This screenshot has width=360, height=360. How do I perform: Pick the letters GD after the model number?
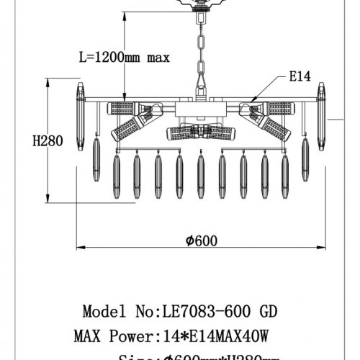[x=266, y=312]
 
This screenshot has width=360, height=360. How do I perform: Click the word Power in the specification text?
[x=128, y=336]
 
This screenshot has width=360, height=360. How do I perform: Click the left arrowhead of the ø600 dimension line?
[x=79, y=249]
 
